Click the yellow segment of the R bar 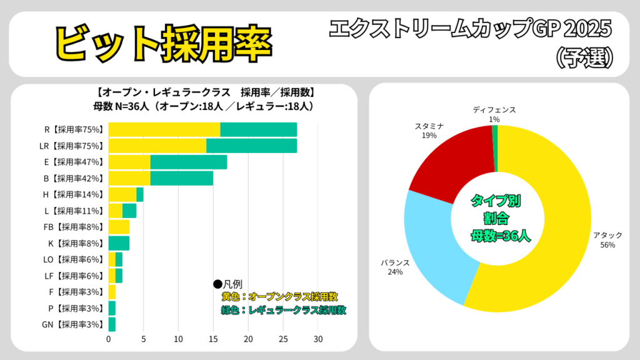pyautogui.click(x=164, y=129)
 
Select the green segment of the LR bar pyautogui.click(x=251, y=146)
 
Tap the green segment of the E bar pyautogui.click(x=188, y=162)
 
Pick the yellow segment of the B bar pyautogui.click(x=129, y=178)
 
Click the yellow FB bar pyautogui.click(x=119, y=227)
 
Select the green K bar pyautogui.click(x=119, y=243)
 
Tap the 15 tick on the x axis pyautogui.click(x=213, y=339)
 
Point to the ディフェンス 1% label pyautogui.click(x=494, y=114)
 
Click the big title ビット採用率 pyautogui.click(x=162, y=42)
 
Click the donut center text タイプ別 pyautogui.click(x=496, y=201)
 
